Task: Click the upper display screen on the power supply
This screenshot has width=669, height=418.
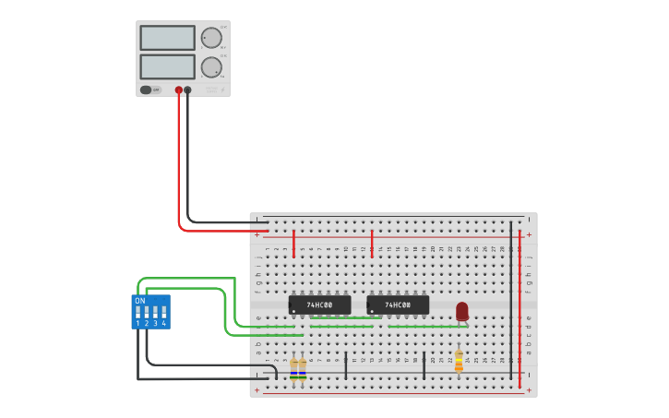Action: coord(167,38)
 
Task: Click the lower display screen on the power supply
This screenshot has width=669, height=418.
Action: coord(167,66)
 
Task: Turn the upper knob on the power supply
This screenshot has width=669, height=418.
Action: coord(211,38)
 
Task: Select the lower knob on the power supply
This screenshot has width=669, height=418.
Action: coord(211,66)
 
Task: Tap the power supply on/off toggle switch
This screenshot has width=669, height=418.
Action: coord(146,90)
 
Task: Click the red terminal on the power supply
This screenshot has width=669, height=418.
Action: coord(179,90)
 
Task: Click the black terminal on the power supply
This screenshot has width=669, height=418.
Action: coord(188,90)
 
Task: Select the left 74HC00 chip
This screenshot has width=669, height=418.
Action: coord(319,305)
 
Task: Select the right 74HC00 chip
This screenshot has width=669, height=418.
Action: coord(398,305)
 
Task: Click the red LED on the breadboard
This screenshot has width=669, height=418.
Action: coord(462,311)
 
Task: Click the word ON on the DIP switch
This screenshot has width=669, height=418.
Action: coord(140,301)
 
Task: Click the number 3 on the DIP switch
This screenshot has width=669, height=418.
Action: coord(155,324)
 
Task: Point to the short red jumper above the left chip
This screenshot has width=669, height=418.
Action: coord(293,245)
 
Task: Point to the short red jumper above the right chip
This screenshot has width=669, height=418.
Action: coord(372,244)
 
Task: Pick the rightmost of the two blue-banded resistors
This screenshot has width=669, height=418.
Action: coord(303,370)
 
